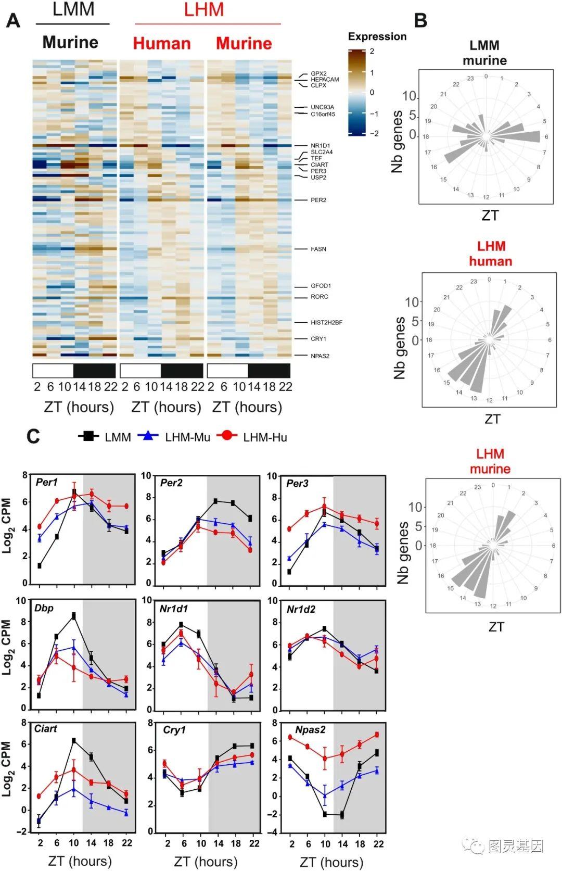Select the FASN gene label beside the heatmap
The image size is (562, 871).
[x=318, y=249]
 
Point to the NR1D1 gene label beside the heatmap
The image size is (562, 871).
[x=320, y=146]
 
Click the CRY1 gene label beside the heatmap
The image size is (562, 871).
[x=318, y=339]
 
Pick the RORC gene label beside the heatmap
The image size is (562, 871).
[x=319, y=297]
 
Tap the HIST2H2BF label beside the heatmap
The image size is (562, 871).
[x=326, y=323]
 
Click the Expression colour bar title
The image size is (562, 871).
[x=377, y=36]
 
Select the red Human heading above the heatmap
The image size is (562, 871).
[x=161, y=43]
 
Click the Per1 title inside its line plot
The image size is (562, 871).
[x=47, y=483]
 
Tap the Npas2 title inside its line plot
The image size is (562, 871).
[x=310, y=730]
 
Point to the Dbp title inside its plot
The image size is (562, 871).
[x=44, y=608]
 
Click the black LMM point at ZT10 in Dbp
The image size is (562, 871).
[x=74, y=616]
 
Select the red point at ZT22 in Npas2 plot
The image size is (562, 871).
[x=377, y=735]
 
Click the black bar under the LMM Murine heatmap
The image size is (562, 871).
[x=94, y=371]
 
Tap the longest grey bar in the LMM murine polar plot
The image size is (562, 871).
[x=520, y=136]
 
